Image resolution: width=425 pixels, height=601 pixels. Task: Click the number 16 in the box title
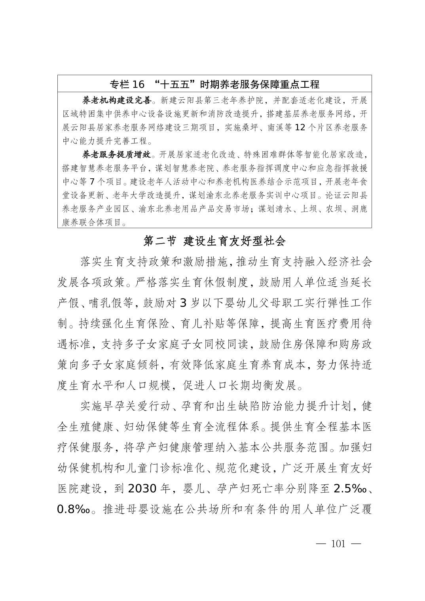(x=138, y=84)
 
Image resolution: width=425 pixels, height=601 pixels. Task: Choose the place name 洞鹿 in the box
(x=359, y=209)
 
